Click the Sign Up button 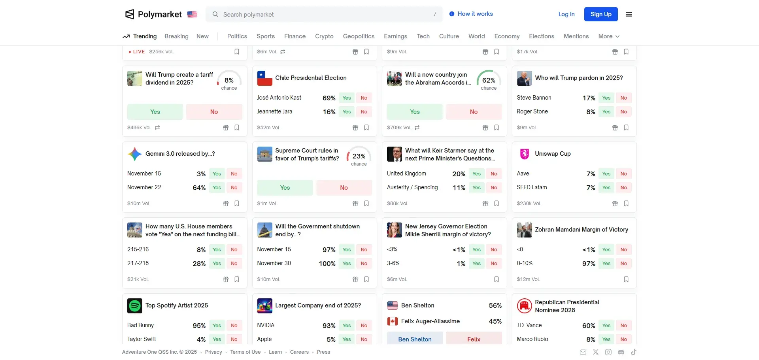[x=600, y=14]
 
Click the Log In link [x=566, y=14]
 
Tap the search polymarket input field [x=324, y=15]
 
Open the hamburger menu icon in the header [x=629, y=14]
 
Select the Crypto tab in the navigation [x=324, y=36]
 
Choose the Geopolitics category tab [x=359, y=36]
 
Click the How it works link [x=475, y=14]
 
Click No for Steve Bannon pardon [x=623, y=98]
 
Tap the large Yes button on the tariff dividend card [x=155, y=112]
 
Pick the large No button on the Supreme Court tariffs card [x=344, y=188]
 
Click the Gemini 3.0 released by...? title [x=180, y=154]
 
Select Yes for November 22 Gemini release [x=217, y=188]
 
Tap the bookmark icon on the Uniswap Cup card [x=626, y=204]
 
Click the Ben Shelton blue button [x=415, y=339]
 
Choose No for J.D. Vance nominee [x=623, y=326]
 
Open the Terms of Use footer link [x=245, y=352]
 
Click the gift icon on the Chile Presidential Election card [x=355, y=128]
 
